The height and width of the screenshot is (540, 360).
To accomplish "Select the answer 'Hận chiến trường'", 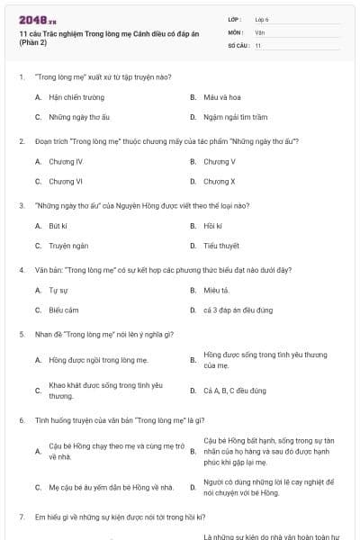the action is click(x=76, y=97).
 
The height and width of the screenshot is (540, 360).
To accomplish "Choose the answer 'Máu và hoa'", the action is click(x=220, y=97).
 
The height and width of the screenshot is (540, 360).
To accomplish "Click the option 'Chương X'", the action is click(x=219, y=182).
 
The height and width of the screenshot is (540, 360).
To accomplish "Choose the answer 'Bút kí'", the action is click(x=58, y=226).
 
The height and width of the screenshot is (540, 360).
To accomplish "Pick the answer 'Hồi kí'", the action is click(x=212, y=226).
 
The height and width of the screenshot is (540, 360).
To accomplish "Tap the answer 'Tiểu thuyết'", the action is click(x=221, y=246).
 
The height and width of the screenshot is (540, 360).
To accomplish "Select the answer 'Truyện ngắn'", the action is click(x=68, y=246).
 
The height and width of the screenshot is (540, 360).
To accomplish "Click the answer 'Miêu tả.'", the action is click(x=216, y=291).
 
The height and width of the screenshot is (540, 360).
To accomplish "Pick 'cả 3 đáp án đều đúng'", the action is click(x=238, y=310).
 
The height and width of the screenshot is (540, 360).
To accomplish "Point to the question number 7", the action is click(x=21, y=517).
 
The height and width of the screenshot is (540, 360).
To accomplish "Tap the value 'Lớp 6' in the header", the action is click(x=262, y=19).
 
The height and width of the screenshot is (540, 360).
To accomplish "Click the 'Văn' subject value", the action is click(x=260, y=31).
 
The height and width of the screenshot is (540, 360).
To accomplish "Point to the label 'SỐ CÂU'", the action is click(x=238, y=44).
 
